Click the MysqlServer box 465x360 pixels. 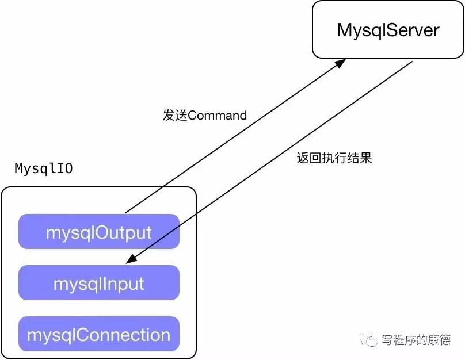[x=388, y=30]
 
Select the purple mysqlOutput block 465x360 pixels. [x=99, y=232]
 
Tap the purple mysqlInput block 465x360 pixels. [x=99, y=283]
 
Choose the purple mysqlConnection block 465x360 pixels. [x=99, y=334]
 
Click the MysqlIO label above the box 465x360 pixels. [x=44, y=169]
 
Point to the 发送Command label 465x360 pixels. [x=204, y=116]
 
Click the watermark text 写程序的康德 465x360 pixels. [x=416, y=340]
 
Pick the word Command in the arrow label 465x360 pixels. [x=217, y=116]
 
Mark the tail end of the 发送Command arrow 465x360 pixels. [x=125, y=212]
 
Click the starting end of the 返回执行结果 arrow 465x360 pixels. [x=412, y=62]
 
